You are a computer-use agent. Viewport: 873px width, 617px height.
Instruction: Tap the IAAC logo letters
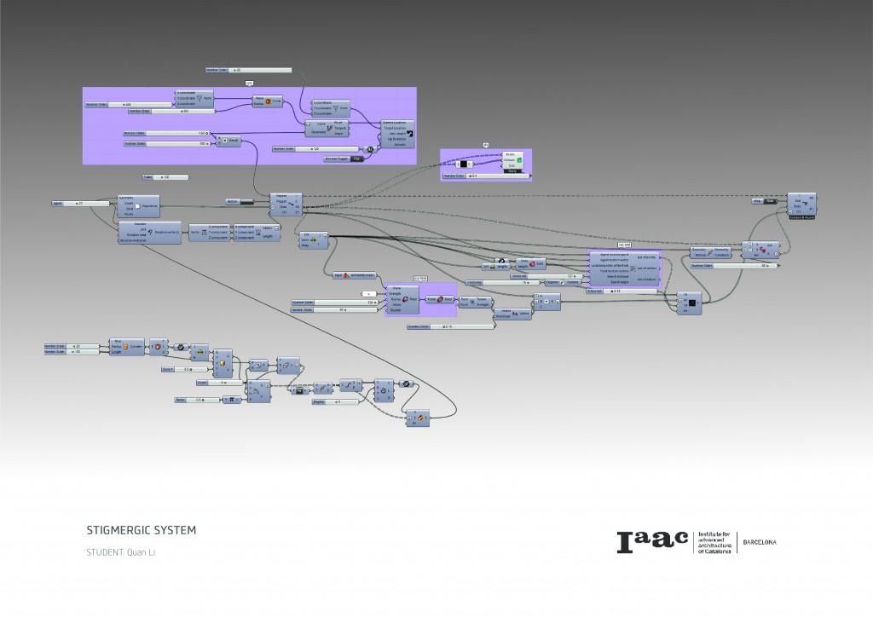tap(652, 540)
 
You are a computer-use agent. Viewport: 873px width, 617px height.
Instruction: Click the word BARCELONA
tap(759, 542)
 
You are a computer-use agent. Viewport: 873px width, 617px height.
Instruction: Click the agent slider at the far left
tap(78, 204)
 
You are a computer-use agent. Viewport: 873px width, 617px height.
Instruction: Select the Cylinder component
tap(128, 347)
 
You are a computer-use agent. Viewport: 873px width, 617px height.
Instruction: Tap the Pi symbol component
tap(231, 400)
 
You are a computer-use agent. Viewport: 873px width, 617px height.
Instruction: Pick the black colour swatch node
tap(465, 163)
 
